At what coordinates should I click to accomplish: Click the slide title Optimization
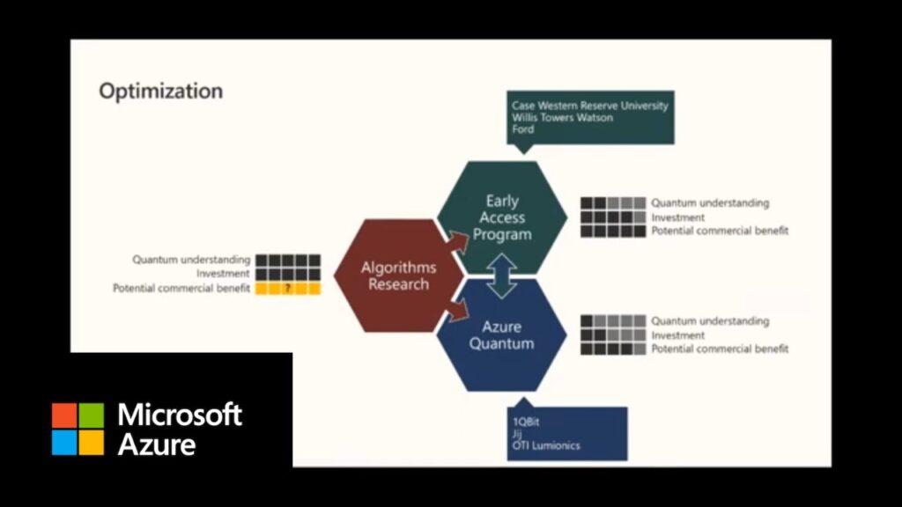click(160, 91)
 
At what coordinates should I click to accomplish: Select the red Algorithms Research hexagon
click(398, 276)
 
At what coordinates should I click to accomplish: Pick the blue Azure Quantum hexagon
click(501, 335)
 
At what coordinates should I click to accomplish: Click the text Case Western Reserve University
click(590, 106)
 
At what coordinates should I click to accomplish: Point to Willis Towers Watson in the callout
click(562, 117)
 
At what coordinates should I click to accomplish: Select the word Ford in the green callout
click(522, 129)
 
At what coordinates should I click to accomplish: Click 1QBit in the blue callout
click(527, 421)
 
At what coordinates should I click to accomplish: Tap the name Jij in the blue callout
click(517, 433)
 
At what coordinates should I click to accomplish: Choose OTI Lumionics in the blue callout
click(546, 445)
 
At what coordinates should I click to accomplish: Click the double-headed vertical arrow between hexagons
click(502, 276)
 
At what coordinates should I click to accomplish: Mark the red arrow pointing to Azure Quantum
click(457, 308)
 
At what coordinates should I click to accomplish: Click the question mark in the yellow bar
click(287, 289)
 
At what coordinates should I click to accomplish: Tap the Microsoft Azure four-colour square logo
click(78, 429)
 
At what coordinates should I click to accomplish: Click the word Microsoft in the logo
click(180, 415)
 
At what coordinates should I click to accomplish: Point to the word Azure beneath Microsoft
click(157, 444)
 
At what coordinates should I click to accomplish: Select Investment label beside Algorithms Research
click(224, 274)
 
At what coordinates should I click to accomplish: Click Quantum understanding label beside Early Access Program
click(710, 203)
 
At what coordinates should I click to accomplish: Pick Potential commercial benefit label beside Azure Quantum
click(720, 349)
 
